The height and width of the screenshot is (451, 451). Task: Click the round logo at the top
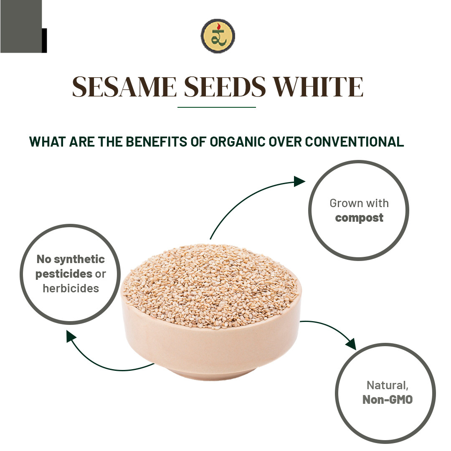point(218,36)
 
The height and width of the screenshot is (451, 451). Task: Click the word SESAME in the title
point(124,87)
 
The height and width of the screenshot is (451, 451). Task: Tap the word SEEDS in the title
point(225,87)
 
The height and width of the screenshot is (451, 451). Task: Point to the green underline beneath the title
point(216,107)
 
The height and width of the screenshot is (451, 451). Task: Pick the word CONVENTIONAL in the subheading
point(355,142)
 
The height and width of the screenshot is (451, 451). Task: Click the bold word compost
point(359,218)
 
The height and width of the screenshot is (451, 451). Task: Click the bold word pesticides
point(64,274)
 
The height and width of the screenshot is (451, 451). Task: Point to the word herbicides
point(71,288)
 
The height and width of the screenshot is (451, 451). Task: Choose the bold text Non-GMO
point(387,399)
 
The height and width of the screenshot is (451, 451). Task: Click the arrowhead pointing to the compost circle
point(299,181)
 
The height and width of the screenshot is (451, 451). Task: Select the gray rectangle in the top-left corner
point(21,26)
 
